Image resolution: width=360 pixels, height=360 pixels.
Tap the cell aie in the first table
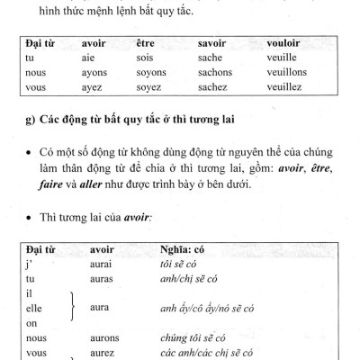(89, 57)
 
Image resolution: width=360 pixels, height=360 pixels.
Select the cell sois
(147, 57)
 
